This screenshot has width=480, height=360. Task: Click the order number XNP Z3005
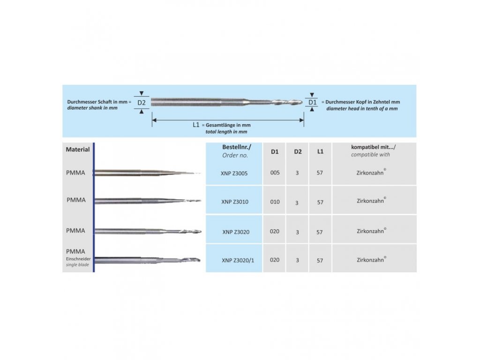[234, 173]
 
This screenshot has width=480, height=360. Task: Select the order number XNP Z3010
[234, 202]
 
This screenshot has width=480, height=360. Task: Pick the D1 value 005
[275, 172]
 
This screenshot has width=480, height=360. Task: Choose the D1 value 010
[275, 202]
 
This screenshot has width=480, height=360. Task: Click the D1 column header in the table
[275, 152]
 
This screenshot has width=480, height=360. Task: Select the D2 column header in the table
[298, 152]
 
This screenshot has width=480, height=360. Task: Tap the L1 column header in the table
[320, 152]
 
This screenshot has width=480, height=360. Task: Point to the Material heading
[78, 150]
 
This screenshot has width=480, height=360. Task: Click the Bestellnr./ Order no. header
[235, 151]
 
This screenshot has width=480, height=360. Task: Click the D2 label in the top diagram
[142, 102]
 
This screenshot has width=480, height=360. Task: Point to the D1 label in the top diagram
[312, 102]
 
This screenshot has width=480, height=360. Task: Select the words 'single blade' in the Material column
[76, 265]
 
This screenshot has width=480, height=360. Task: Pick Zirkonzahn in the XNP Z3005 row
[370, 173]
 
